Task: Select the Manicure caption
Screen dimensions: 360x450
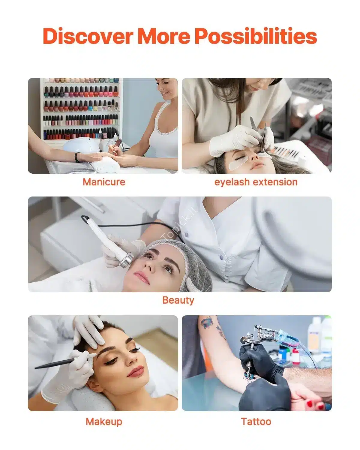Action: (x=104, y=182)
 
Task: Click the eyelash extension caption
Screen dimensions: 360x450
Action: (x=256, y=182)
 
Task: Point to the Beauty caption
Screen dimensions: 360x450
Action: (x=178, y=301)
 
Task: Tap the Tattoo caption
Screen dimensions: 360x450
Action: (x=256, y=421)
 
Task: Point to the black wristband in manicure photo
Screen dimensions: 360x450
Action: (x=78, y=157)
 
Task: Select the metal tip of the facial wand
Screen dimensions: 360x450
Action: (x=126, y=260)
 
